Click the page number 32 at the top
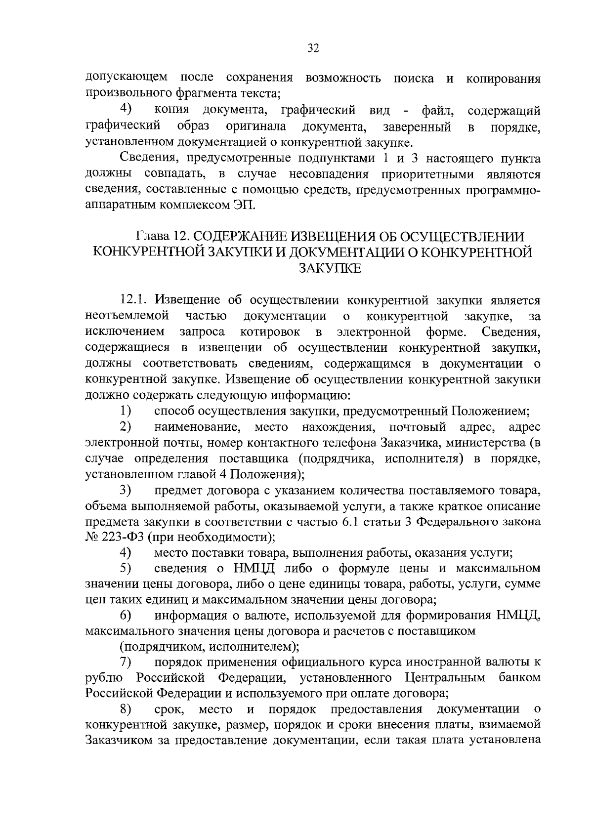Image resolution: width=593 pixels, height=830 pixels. coord(313,48)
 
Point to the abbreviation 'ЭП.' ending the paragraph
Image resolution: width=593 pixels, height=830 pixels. coord(244,205)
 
